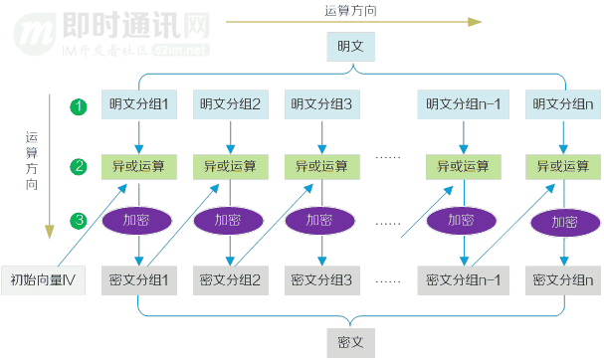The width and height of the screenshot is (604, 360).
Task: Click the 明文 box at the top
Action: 350,46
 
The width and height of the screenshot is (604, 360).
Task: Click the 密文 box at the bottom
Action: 350,344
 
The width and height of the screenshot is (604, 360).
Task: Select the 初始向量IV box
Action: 43,280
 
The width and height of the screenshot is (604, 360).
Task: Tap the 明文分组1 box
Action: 139,103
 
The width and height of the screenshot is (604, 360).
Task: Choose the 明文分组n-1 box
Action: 463,103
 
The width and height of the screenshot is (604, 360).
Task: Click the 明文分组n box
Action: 564,103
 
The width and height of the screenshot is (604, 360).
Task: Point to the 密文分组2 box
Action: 231,280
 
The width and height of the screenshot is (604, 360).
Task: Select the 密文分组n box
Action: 564,280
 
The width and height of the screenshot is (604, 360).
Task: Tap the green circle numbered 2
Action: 79,165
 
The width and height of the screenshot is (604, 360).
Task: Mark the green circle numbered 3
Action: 79,219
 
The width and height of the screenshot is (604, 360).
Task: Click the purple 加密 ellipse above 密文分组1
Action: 139,220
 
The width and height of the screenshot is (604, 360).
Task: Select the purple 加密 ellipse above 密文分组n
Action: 564,222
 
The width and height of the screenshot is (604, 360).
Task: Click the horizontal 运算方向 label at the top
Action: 350,10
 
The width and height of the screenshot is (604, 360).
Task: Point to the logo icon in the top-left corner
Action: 35,30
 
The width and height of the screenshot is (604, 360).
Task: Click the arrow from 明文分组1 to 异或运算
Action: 139,134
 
